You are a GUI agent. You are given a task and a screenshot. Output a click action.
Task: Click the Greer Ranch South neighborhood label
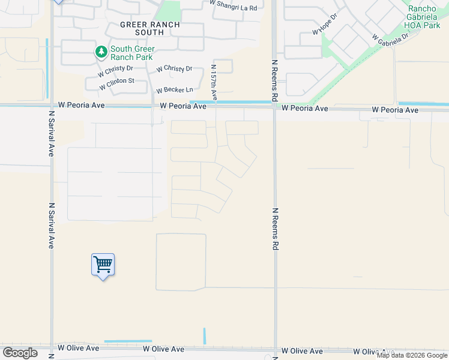pyautogui.click(x=142, y=28)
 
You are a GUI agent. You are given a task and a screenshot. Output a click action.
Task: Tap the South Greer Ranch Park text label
pyautogui.click(x=132, y=53)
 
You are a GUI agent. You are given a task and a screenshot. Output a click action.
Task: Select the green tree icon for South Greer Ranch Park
pyautogui.click(x=101, y=52)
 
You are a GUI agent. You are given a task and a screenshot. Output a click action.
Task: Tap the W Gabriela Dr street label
pyautogui.click(x=390, y=37)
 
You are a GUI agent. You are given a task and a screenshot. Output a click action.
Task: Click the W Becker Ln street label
pyautogui.click(x=175, y=90)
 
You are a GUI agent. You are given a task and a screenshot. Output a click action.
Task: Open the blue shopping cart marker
pyautogui.click(x=103, y=265)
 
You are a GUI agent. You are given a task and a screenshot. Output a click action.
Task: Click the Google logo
pyautogui.click(x=20, y=353)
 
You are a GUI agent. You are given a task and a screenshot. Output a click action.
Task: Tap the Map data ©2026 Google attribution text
pyautogui.click(x=412, y=355)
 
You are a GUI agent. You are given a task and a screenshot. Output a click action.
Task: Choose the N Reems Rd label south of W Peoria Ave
pyautogui.click(x=275, y=229)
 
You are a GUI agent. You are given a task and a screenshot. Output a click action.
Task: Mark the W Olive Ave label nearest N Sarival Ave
pyautogui.click(x=78, y=348)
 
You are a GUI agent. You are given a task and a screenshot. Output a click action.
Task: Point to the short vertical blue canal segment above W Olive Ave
pyautogui.click(x=204, y=335)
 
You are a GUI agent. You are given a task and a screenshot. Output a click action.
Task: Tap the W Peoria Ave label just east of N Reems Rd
pyautogui.click(x=305, y=109)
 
